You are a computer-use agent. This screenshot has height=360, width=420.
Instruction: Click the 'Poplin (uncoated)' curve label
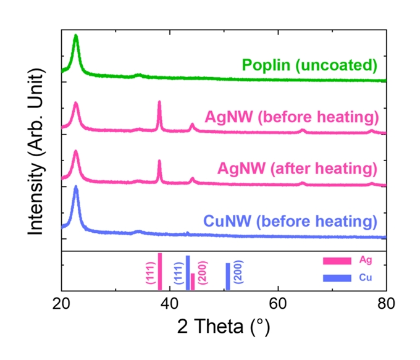309,65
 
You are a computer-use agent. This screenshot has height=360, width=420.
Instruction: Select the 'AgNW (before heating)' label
291,117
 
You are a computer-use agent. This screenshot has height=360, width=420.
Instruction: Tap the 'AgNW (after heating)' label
296,169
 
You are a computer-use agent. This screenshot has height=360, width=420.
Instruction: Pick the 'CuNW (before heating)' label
290,221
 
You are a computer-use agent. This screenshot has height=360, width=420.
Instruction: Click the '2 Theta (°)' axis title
224,325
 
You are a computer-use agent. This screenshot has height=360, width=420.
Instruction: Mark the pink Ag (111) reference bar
159,271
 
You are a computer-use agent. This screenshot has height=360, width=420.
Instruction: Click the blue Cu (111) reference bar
187,272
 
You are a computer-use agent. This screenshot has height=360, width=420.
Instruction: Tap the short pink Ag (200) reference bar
192,282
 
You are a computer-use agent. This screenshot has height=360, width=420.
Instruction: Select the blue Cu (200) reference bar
227,276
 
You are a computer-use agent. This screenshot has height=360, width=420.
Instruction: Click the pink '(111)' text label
149,272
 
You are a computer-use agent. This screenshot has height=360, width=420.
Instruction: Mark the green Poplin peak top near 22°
76,36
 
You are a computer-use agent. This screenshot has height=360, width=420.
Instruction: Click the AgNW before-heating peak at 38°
159,102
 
